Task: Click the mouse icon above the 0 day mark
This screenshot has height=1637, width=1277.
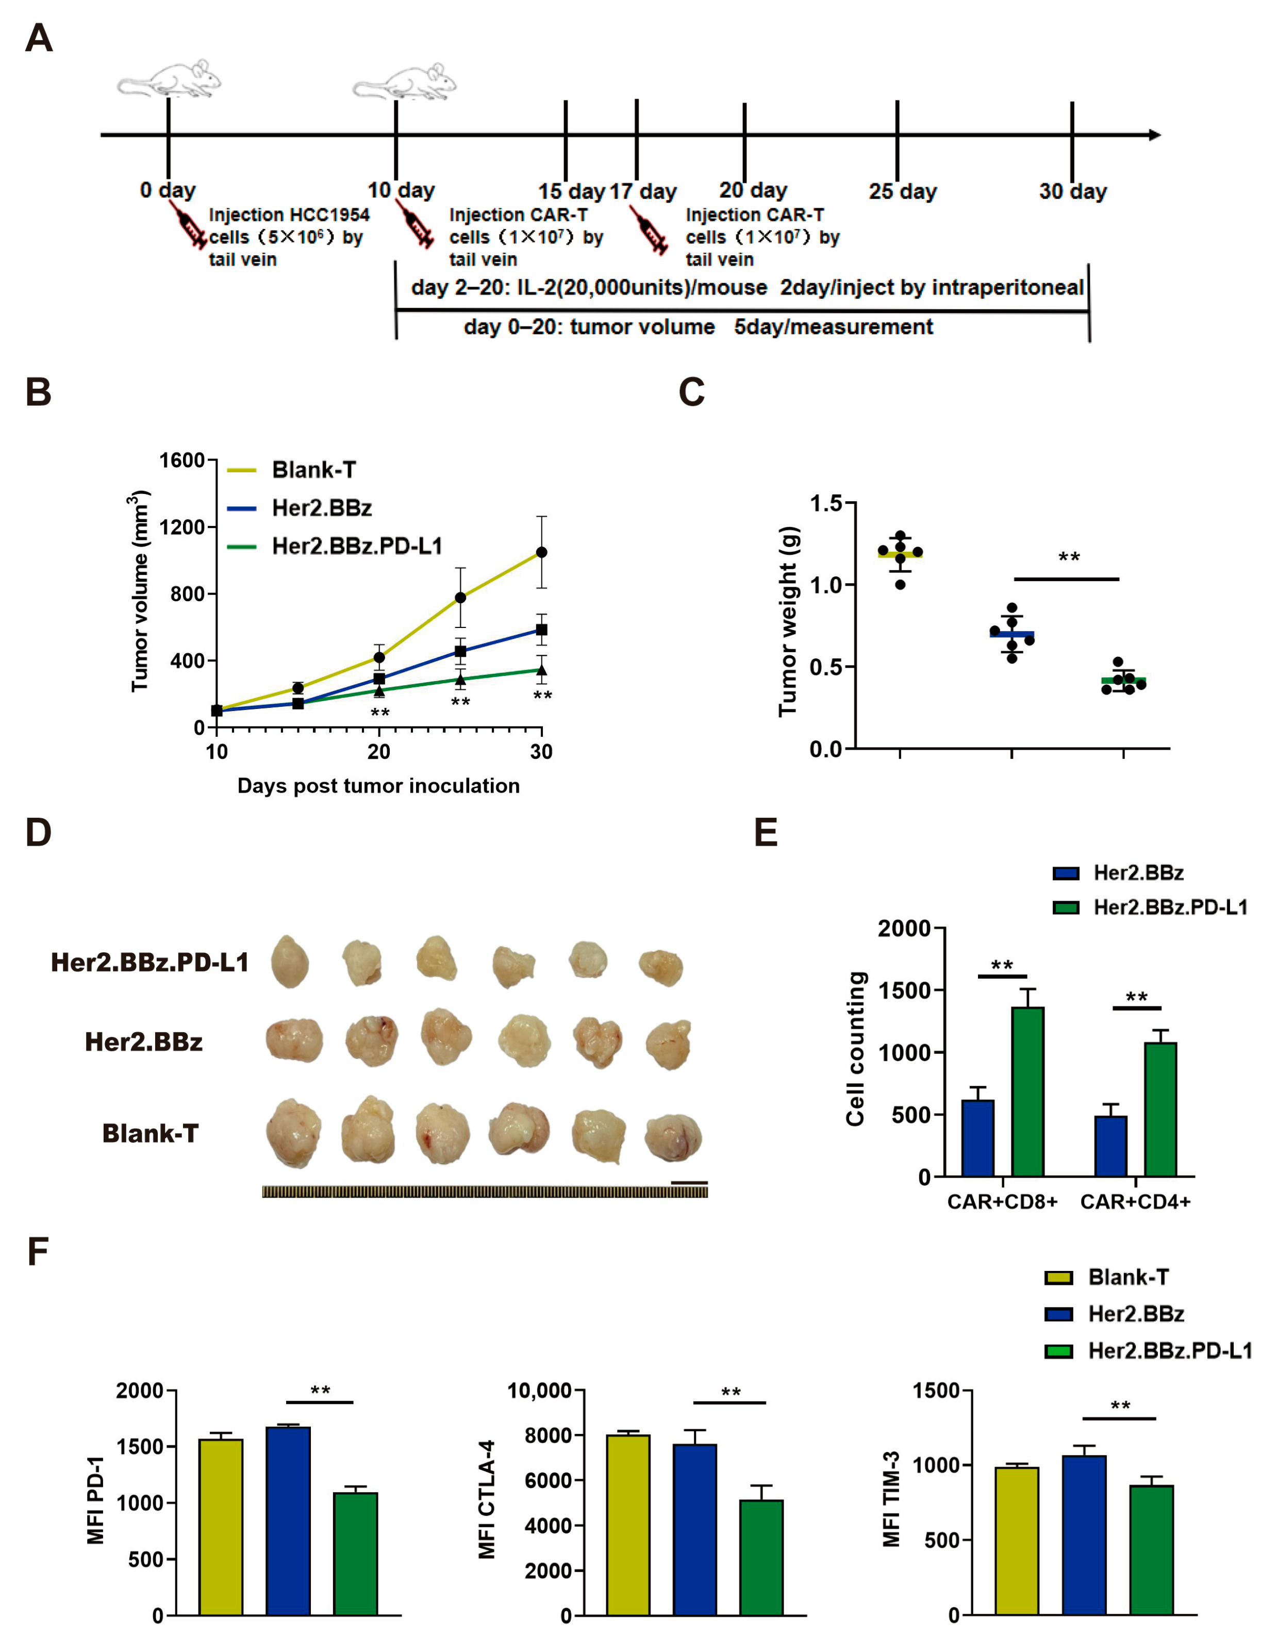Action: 170,79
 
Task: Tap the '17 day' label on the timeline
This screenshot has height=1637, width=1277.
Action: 642,192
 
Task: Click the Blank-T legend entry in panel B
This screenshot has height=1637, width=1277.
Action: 313,470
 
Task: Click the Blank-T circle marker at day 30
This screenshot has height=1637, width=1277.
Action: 541,552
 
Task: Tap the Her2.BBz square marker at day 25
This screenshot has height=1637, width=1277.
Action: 460,651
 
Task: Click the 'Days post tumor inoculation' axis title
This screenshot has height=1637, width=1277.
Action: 378,786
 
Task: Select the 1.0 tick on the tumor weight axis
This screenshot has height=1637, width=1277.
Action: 826,585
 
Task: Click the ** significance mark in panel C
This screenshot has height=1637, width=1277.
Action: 1069,558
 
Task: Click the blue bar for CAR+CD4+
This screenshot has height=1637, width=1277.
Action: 1110,1146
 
